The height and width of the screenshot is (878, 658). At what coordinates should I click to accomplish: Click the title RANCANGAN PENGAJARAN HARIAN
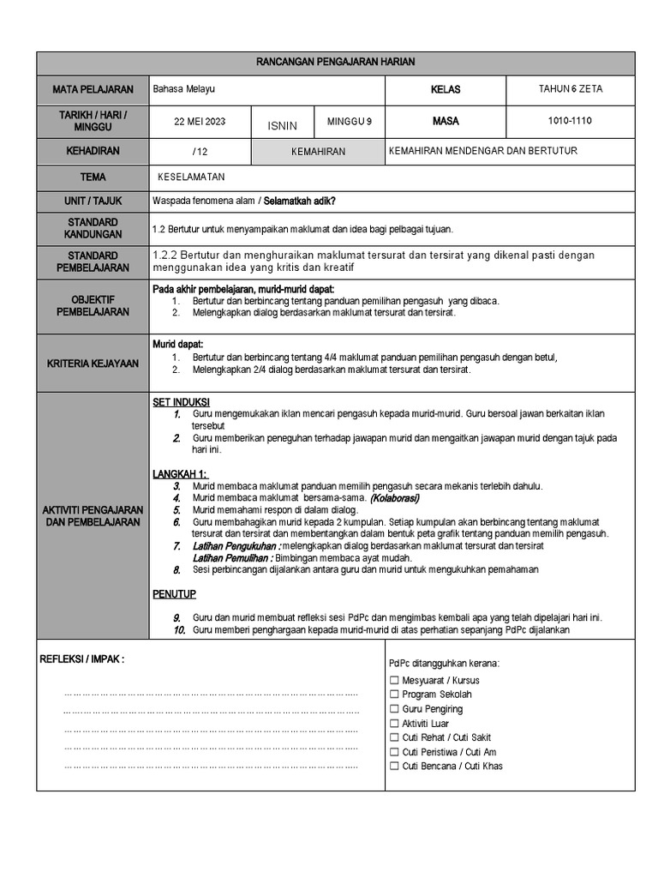pyautogui.click(x=336, y=63)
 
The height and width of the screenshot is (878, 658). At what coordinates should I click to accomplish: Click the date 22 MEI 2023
pyautogui.click(x=200, y=122)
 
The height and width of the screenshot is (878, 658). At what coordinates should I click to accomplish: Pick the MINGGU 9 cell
pyautogui.click(x=350, y=122)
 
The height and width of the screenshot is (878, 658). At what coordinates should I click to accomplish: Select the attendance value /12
pyautogui.click(x=200, y=152)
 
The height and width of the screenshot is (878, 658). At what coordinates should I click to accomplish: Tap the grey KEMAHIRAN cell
pyautogui.click(x=318, y=152)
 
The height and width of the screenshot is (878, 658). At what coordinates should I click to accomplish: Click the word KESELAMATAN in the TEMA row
pyautogui.click(x=191, y=177)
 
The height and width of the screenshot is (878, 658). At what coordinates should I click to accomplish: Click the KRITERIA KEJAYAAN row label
pyautogui.click(x=93, y=364)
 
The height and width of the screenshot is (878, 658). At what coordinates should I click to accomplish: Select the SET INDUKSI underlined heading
pyautogui.click(x=181, y=402)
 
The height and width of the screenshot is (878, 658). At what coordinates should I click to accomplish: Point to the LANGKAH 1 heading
pyautogui.click(x=180, y=474)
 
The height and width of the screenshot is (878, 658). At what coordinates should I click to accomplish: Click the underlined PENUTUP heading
pyautogui.click(x=175, y=593)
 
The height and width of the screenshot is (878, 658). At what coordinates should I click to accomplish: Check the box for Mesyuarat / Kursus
pyautogui.click(x=394, y=681)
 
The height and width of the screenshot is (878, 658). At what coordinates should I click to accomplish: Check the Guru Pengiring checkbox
pyautogui.click(x=394, y=710)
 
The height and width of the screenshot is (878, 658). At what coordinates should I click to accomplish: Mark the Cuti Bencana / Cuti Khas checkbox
pyautogui.click(x=394, y=767)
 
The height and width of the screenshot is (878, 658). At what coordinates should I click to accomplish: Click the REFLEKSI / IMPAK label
pyautogui.click(x=82, y=659)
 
